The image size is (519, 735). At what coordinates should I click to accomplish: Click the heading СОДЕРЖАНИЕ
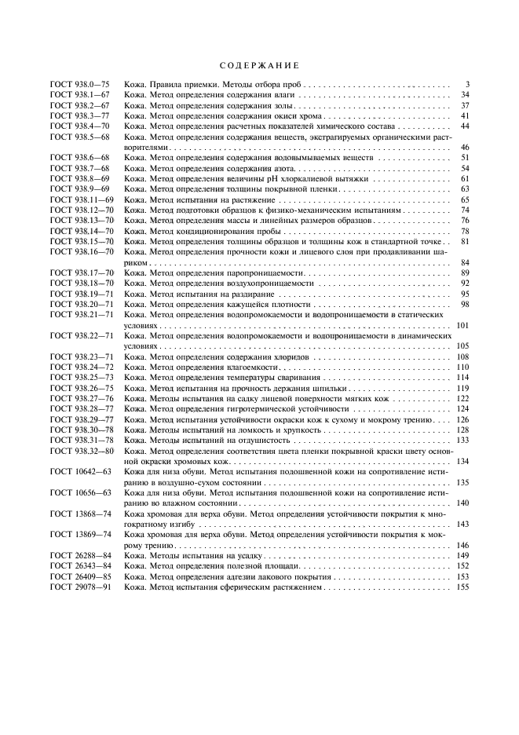click(x=259, y=64)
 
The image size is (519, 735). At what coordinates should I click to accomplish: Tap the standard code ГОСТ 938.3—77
click(x=79, y=115)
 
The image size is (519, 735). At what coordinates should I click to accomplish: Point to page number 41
click(x=464, y=115)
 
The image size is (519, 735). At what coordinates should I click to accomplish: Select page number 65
click(x=464, y=200)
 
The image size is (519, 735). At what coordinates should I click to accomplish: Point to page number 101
click(x=462, y=324)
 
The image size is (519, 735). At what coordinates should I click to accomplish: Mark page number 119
click(x=462, y=388)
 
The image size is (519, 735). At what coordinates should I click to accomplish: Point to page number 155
click(x=462, y=587)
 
